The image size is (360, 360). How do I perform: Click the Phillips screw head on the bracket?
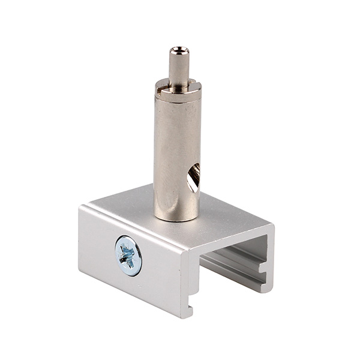(x=128, y=256)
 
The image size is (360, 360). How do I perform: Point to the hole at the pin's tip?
(x=178, y=50)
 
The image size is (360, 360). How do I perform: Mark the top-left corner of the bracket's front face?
(x=80, y=208)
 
